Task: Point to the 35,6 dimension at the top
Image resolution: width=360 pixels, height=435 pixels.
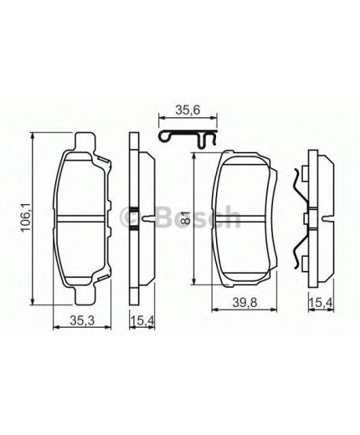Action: click(x=185, y=108)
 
